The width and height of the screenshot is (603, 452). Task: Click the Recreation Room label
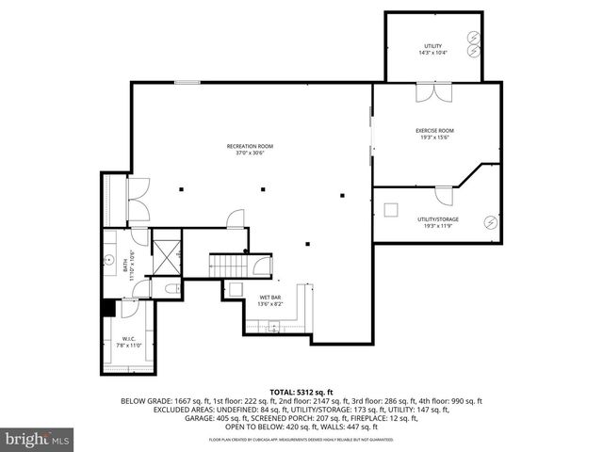(250, 146)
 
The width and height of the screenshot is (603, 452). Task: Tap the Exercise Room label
(434, 130)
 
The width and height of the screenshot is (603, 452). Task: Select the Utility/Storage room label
(438, 218)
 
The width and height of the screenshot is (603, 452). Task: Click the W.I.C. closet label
(128, 339)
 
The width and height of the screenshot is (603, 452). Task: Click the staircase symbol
(227, 265)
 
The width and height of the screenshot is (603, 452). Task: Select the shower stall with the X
(167, 251)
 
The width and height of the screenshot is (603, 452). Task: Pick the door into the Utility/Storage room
(443, 195)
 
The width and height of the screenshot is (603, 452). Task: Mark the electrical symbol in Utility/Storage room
(489, 223)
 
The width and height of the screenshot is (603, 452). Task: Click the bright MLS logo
(38, 439)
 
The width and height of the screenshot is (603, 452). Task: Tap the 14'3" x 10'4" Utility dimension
(433, 53)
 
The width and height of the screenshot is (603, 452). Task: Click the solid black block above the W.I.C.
(107, 307)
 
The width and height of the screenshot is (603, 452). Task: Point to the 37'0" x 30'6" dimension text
(250, 153)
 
